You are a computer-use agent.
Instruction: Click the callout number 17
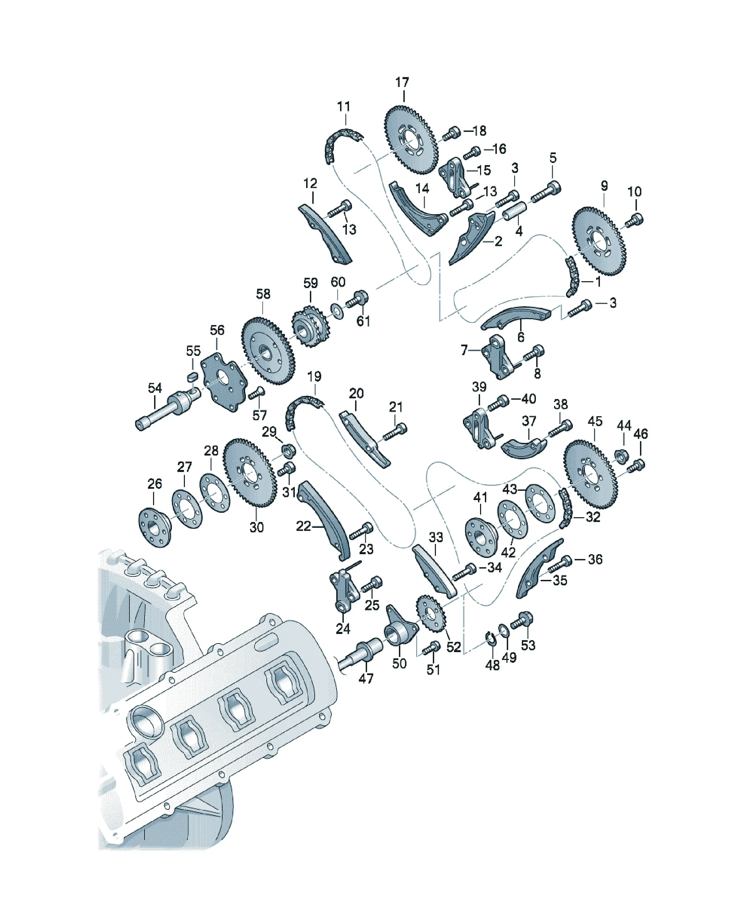402,82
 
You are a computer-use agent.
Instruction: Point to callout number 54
155,388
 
